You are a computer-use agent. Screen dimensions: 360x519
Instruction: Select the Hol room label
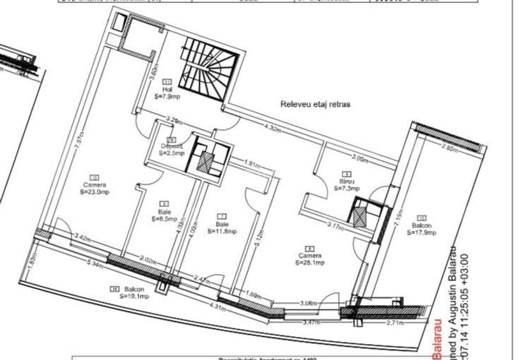tap(167, 90)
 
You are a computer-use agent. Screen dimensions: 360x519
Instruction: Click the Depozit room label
tap(172, 146)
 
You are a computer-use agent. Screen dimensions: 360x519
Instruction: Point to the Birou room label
tap(348, 182)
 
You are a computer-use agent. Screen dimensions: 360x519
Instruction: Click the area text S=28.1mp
tap(310, 262)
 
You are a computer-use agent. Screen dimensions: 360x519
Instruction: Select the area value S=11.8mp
tap(223, 231)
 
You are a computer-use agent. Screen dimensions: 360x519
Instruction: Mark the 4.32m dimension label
tap(273, 129)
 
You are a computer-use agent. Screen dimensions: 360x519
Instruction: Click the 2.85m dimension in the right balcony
tap(449, 148)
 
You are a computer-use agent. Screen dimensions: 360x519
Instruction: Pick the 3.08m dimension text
tap(309, 303)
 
